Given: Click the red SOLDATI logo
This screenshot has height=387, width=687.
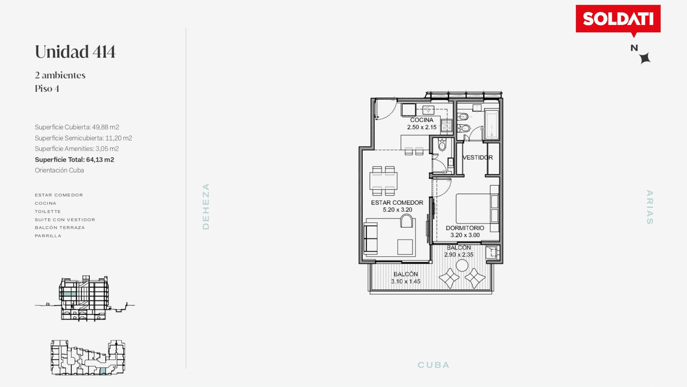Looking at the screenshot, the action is [618, 19].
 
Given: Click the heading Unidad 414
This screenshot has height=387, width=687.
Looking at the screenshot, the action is [75, 52].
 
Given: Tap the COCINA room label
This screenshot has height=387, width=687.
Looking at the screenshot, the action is [422, 120].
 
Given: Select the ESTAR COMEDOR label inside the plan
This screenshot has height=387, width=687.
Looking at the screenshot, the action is [397, 203].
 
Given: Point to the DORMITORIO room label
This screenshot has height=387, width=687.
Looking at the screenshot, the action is [465, 228].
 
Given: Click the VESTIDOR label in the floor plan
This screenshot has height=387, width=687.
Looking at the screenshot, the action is [477, 157].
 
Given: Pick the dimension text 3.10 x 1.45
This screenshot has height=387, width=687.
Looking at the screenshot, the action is [405, 281].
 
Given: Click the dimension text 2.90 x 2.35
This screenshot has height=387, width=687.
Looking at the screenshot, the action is [459, 255].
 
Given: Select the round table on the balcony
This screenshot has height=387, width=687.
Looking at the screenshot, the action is [462, 266].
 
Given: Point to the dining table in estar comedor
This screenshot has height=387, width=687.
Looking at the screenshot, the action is [383, 181].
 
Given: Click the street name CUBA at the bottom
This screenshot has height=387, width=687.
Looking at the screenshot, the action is [433, 365].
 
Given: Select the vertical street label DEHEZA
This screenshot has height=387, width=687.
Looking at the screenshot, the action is [206, 206].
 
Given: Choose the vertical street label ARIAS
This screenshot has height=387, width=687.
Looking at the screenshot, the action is [650, 207].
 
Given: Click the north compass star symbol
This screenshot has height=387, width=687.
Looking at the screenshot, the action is [645, 58].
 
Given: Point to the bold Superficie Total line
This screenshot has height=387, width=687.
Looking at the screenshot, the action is [75, 160].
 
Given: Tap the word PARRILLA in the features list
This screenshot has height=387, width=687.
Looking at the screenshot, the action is [48, 236].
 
